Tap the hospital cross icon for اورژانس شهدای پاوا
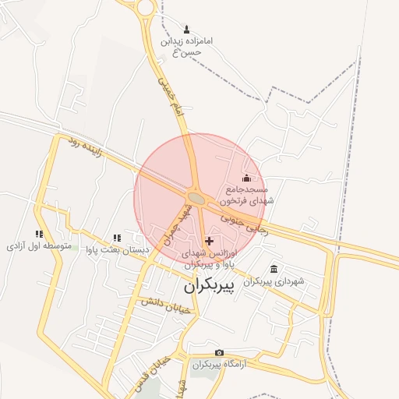coord(208,242)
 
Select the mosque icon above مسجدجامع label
coord(247,178)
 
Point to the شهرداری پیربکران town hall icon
coord(274,269)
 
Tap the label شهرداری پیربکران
coord(273,281)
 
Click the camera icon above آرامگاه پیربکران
coord(219,353)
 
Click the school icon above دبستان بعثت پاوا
coord(117,238)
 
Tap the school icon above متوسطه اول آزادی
coord(39,234)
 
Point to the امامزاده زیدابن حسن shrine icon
coord(187,28)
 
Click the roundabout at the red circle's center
coord(196,199)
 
